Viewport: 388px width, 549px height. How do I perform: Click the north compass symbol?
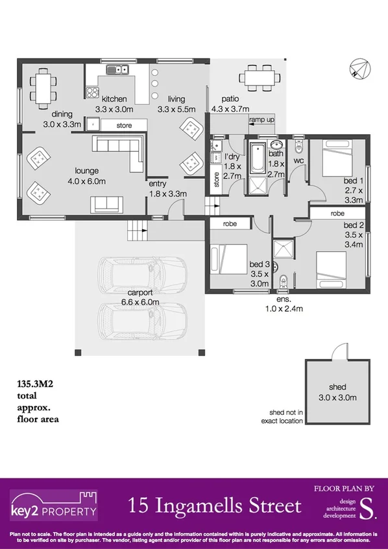click(358, 68)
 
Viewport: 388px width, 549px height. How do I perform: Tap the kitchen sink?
click(118, 68)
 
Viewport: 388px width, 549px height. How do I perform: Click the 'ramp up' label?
click(261, 121)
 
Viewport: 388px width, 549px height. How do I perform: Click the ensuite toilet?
click(284, 282)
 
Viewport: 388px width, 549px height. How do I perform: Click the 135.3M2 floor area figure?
click(34, 384)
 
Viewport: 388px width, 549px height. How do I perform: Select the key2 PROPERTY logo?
click(54, 506)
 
